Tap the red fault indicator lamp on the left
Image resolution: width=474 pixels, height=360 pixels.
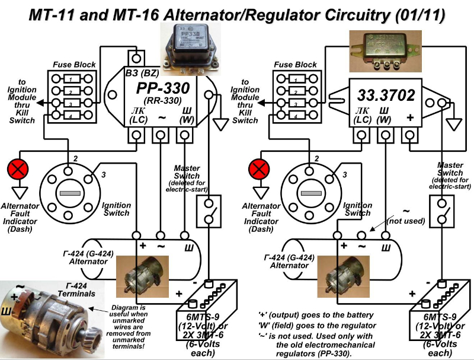(17, 169)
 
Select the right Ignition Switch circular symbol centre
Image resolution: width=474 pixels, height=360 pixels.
(311, 193)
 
